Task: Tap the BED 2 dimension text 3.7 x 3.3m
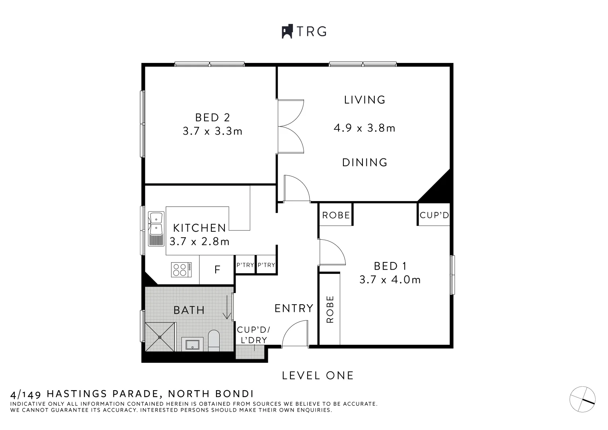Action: [212, 131]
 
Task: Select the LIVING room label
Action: [365, 100]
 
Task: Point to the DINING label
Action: [365, 162]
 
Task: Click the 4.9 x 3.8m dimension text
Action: [364, 128]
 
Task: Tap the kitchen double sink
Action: [156, 229]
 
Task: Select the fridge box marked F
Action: [217, 270]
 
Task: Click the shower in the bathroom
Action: [160, 337]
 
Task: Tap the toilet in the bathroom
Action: [214, 340]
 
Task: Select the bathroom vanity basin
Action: [193, 344]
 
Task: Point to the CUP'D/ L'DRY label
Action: [253, 335]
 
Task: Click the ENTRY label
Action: [294, 308]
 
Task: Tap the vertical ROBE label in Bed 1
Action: [330, 309]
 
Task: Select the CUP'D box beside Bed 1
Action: [434, 215]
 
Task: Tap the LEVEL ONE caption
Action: [318, 375]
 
